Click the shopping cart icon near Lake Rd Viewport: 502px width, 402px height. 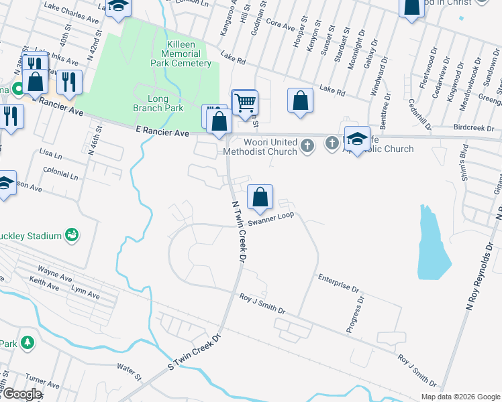[x=246, y=103]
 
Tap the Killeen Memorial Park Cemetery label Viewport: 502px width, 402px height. [x=179, y=54]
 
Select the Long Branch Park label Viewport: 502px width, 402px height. [x=166, y=103]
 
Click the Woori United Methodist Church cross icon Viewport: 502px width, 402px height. [x=307, y=145]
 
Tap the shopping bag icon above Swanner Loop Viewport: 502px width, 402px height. [x=260, y=197]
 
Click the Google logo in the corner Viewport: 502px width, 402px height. [x=21, y=394]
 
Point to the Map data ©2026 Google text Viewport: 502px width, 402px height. [x=460, y=396]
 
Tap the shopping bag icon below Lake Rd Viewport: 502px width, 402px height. [x=301, y=100]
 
